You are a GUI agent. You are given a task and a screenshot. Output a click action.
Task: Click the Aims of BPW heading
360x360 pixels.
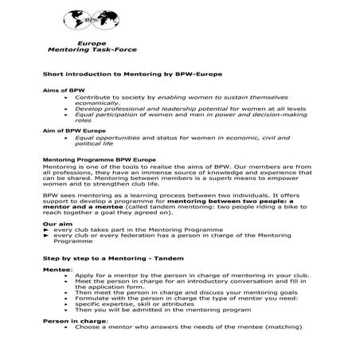(61, 91)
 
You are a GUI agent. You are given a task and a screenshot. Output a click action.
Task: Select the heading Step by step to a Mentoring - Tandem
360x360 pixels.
(115, 260)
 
